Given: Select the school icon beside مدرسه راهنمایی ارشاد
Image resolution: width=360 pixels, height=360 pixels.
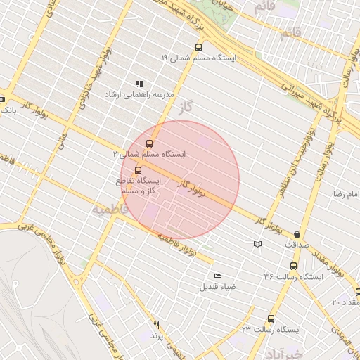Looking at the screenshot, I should click(x=139, y=84).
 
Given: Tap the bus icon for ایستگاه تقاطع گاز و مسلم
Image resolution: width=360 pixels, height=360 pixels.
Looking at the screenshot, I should click(x=137, y=170).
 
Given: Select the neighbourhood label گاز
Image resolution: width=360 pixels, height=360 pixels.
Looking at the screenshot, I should click(x=186, y=108).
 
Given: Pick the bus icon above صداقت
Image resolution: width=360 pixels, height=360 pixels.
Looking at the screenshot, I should click(x=297, y=234).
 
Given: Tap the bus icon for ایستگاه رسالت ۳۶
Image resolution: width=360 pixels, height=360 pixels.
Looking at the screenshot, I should click(x=293, y=266).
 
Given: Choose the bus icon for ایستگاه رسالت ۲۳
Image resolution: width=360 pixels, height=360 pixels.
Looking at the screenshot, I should click(x=271, y=319).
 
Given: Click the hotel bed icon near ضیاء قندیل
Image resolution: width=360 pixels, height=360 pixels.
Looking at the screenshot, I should click(x=217, y=276).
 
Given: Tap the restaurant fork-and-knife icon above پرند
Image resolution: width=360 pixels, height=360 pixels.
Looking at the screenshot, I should click(x=157, y=326).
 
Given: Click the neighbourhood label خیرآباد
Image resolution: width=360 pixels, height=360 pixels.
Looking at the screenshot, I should click(x=285, y=352).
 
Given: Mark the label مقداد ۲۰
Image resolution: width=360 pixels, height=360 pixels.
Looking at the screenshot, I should click(x=346, y=302).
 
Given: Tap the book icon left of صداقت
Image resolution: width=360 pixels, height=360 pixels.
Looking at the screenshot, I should click(x=257, y=244).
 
